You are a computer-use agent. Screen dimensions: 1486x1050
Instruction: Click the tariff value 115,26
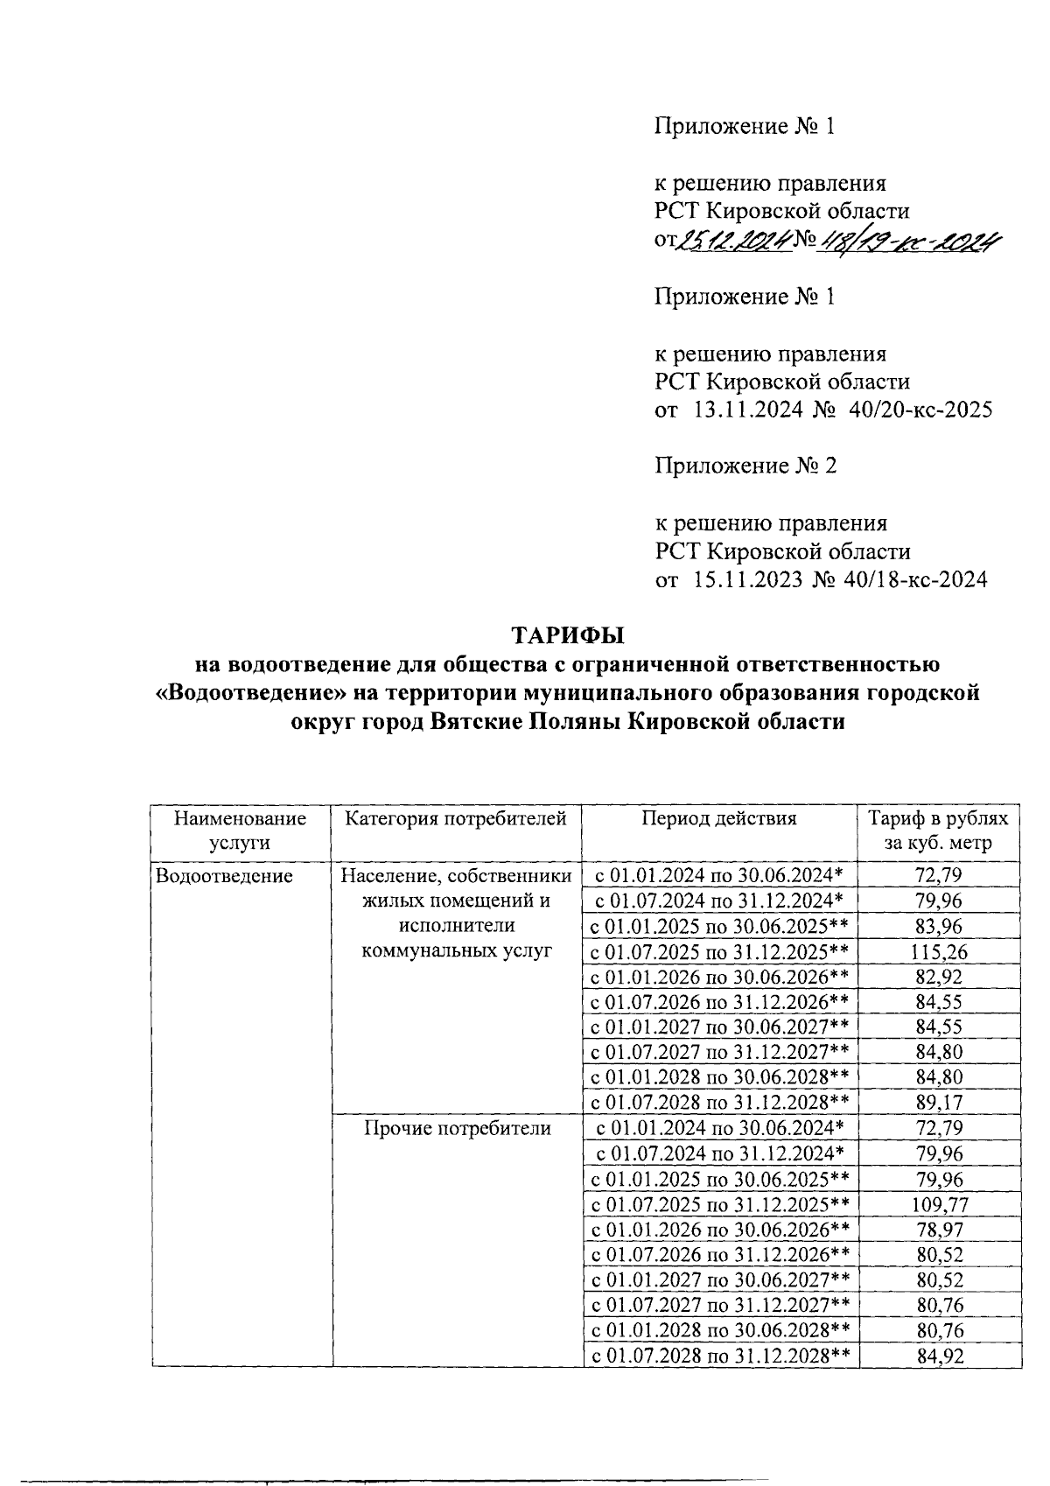(x=940, y=951)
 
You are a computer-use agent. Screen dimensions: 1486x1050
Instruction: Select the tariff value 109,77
(x=940, y=1204)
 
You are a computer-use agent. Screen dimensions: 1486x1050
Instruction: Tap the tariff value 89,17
(x=940, y=1103)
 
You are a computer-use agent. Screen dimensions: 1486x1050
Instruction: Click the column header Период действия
(x=719, y=818)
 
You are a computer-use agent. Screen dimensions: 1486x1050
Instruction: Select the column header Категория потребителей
(x=456, y=818)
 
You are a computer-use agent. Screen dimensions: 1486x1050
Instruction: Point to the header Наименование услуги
(x=241, y=831)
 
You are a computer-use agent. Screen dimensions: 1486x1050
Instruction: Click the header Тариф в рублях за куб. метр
(x=938, y=831)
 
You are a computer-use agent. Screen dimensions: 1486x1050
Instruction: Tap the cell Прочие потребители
(x=457, y=1129)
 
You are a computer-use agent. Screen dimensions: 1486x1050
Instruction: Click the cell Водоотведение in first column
(x=223, y=875)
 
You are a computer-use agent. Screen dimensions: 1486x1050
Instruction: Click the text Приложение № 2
(x=746, y=466)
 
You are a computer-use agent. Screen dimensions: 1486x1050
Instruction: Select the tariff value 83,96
(x=940, y=926)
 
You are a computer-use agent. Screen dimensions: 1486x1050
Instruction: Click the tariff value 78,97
(x=940, y=1230)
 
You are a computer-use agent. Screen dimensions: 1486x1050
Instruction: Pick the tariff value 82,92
(x=940, y=977)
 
